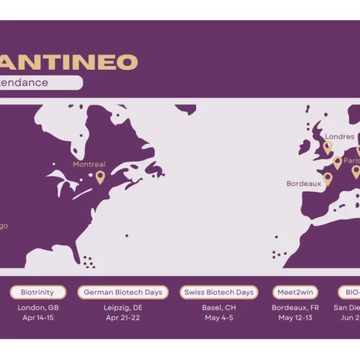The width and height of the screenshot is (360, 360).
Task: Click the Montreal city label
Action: (x=89, y=164)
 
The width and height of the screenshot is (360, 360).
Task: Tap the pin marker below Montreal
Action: (x=100, y=177)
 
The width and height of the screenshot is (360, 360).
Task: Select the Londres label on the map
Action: (x=340, y=137)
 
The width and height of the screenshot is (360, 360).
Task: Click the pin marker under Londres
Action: (x=328, y=148)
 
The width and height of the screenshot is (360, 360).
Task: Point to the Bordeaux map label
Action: (x=304, y=184)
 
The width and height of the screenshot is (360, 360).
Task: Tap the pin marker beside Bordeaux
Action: (x=328, y=179)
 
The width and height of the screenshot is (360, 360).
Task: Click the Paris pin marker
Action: (x=337, y=163)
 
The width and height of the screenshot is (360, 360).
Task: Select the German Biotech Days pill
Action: (x=124, y=292)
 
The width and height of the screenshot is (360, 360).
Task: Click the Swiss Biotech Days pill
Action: (x=219, y=292)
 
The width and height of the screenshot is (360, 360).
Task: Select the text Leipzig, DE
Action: (x=123, y=307)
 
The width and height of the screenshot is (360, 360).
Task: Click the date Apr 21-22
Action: (x=123, y=317)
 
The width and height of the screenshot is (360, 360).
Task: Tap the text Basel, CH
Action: (x=219, y=307)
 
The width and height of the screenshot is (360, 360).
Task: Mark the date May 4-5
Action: (x=219, y=317)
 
